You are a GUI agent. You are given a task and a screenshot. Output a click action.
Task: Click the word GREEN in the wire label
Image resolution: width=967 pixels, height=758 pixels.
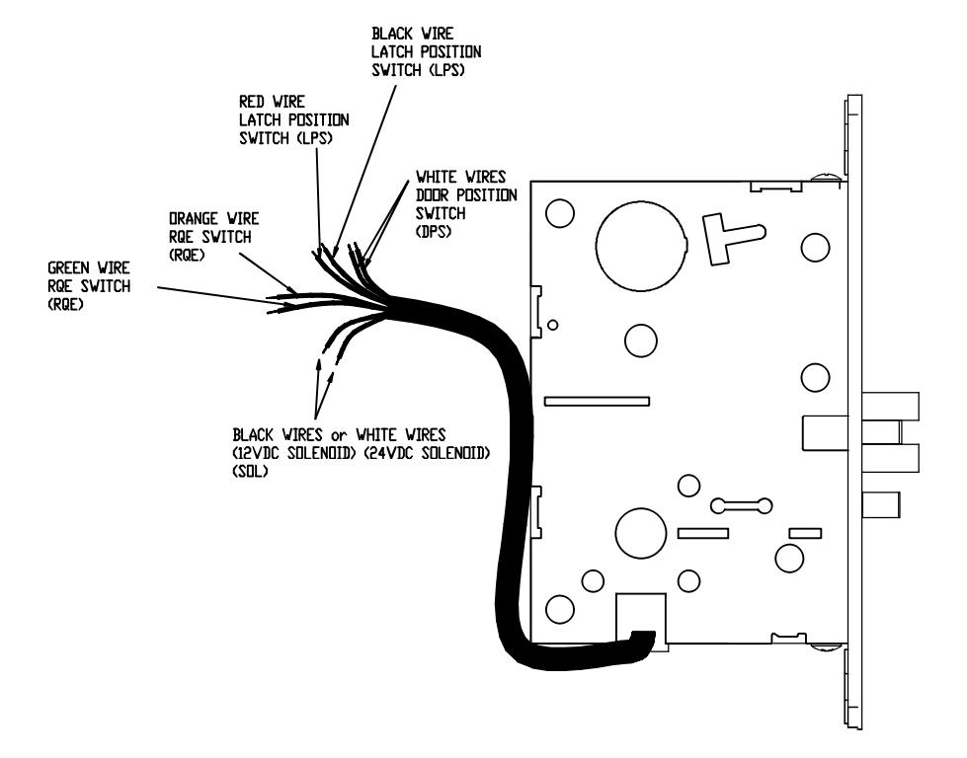point(68,268)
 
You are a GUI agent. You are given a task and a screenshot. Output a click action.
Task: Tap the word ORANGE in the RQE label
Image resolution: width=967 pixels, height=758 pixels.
point(194,219)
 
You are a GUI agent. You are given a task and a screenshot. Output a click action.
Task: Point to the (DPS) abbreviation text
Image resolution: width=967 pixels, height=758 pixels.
point(434,232)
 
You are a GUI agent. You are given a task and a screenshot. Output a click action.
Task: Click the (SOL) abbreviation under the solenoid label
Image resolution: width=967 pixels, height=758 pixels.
point(250,472)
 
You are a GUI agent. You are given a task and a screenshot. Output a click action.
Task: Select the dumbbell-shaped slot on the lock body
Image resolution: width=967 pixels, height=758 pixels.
point(741,505)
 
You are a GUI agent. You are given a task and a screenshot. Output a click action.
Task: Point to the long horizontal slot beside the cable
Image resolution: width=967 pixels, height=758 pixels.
point(597,401)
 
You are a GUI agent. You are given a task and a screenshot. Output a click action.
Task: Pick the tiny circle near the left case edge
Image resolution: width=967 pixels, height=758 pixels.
point(553,325)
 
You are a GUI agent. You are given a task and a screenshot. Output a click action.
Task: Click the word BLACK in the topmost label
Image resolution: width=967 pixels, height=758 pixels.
point(392,34)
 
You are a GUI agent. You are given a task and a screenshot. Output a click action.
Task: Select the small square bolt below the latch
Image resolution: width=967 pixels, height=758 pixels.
point(881,504)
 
